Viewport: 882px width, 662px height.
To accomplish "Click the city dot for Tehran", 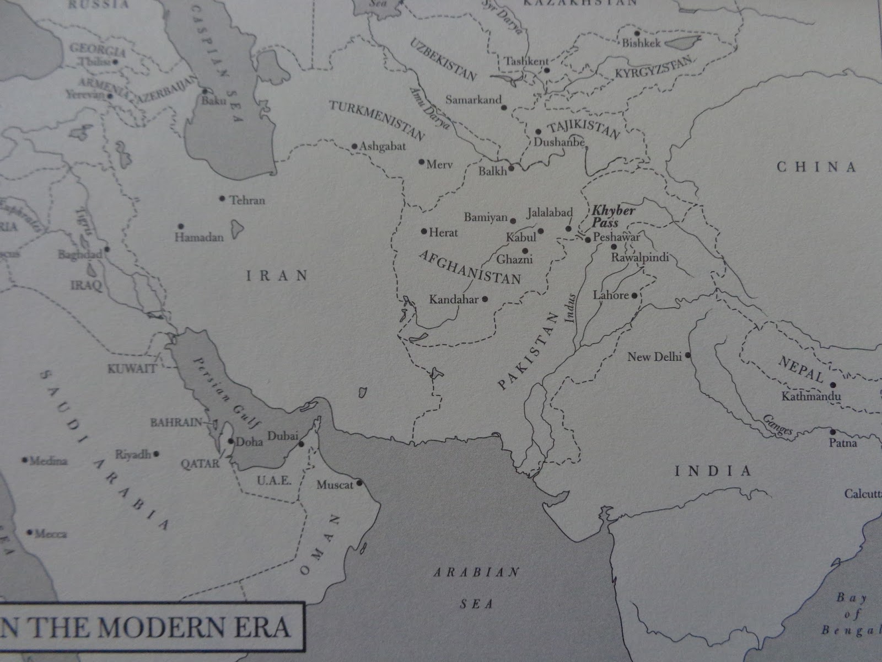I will (222, 198).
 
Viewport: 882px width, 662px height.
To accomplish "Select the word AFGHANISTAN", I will (470, 266).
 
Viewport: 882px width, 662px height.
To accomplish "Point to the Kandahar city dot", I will (485, 299).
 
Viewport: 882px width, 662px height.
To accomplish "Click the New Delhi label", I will (654, 357).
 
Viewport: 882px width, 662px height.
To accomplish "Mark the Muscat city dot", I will (359, 483).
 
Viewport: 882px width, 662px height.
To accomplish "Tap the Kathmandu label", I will (811, 397).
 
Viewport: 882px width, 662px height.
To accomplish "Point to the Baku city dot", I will (205, 91).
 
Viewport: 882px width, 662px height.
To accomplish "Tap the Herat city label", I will (443, 233).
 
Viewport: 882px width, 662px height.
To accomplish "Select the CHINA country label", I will (816, 167).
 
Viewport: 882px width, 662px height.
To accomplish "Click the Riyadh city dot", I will (157, 454).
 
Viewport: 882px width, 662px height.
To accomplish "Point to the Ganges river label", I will (777, 425).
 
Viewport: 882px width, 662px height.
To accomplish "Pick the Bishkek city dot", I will (637, 33).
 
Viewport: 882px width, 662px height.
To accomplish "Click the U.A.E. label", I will (274, 481).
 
